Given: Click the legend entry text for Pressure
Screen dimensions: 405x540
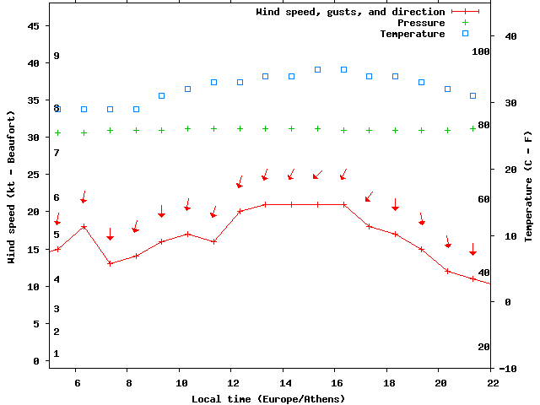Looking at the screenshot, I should (421, 23).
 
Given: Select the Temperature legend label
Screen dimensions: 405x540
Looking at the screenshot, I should (412, 34).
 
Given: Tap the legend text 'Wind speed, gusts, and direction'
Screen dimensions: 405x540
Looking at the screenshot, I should (350, 12).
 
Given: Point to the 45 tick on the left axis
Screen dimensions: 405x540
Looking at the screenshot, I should (34, 26).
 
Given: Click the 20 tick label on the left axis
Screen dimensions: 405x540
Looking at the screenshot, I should (34, 212).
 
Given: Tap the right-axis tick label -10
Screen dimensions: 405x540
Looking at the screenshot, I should (508, 369).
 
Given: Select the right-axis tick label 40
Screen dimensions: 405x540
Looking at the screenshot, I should (510, 36).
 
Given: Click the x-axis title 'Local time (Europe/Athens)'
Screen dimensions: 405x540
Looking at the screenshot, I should (268, 398).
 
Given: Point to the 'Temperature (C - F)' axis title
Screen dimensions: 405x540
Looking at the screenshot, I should (528, 186).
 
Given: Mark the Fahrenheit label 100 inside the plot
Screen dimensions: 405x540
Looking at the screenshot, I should (481, 51).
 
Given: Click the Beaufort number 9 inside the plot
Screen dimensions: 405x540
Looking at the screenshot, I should (57, 56).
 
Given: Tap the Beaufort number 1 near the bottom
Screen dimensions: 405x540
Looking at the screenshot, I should (57, 354).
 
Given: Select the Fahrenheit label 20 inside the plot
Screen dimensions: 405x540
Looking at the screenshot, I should (483, 347).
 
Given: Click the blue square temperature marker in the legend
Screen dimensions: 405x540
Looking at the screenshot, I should (465, 34).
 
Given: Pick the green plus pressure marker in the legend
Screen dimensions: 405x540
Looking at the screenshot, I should (465, 23).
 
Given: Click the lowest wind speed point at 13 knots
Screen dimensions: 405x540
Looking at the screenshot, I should (110, 263).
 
